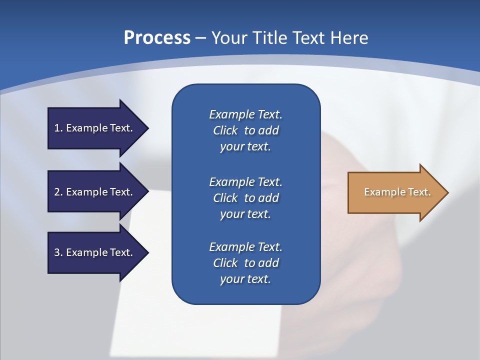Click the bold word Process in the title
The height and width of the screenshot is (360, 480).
point(157,38)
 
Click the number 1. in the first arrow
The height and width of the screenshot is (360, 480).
point(58,128)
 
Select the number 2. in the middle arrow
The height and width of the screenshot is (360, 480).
point(58,192)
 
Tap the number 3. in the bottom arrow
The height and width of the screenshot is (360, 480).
point(58,252)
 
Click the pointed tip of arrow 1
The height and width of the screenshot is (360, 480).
point(148,128)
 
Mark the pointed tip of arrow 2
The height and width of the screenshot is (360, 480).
point(148,192)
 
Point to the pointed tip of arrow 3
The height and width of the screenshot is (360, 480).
point(148,252)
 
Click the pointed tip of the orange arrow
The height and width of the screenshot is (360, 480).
point(448,192)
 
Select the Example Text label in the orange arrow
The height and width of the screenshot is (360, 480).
point(397,192)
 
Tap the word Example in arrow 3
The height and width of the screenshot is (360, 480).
point(86,252)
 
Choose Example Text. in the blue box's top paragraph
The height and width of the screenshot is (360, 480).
point(245,114)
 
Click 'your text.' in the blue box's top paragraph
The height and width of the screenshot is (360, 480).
point(245,147)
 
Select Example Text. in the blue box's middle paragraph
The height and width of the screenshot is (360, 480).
point(245,182)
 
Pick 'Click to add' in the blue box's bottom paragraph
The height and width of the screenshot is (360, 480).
point(245,263)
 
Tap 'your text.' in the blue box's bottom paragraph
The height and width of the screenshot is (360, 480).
point(245,279)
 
